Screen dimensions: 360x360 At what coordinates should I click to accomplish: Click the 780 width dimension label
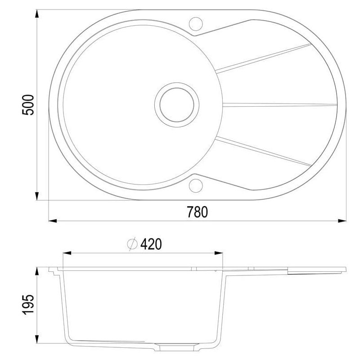(198, 211)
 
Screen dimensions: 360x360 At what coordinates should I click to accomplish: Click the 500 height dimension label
(28, 104)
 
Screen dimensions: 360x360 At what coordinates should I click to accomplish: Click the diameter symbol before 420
(132, 244)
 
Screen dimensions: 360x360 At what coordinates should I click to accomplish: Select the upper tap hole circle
(196, 22)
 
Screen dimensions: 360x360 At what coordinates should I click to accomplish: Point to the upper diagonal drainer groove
(263, 57)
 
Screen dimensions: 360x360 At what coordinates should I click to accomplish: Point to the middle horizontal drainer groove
(279, 104)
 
